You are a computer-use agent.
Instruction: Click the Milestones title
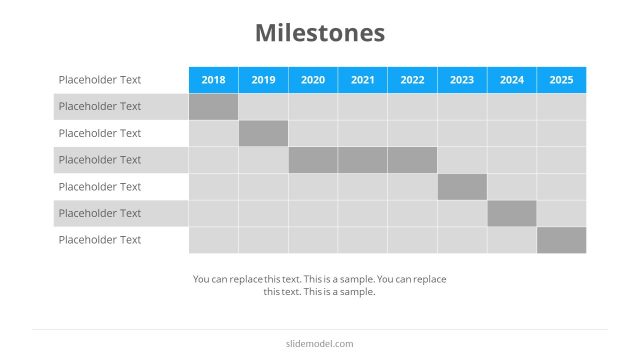[x=320, y=33]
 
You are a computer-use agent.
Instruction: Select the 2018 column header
[x=213, y=80]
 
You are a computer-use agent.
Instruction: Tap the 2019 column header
[x=263, y=80]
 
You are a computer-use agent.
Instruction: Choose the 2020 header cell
[x=313, y=80]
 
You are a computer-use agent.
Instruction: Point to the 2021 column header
[x=362, y=80]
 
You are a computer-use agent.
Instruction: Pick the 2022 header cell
[x=412, y=80]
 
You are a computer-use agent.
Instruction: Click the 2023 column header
[x=462, y=80]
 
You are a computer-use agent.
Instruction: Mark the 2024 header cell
[x=512, y=80]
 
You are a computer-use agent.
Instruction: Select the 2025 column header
[x=561, y=80]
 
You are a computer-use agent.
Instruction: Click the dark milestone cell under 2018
[x=213, y=107]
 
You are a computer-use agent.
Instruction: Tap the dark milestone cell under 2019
[x=263, y=133]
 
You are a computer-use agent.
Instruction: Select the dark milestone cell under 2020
[x=313, y=160]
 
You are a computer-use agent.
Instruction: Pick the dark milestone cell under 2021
[x=362, y=160]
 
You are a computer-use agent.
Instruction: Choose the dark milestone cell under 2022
[x=412, y=160]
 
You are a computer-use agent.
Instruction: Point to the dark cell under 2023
[x=462, y=187]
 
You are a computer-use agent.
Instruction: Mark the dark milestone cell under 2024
[x=512, y=213]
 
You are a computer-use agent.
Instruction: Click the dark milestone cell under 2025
[x=561, y=240]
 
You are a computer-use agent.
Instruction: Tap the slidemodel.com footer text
[x=320, y=344]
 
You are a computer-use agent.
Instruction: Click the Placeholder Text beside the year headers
[x=100, y=80]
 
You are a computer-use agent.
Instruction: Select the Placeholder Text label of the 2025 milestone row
[x=100, y=240]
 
